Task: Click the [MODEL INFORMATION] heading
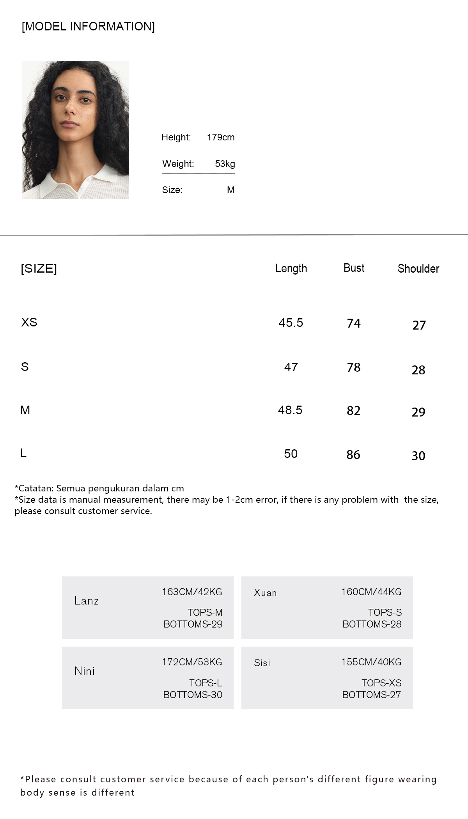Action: pyautogui.click(x=88, y=27)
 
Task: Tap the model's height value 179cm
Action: pyautogui.click(x=221, y=137)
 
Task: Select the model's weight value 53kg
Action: pyautogui.click(x=225, y=164)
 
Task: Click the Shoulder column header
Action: pyautogui.click(x=418, y=269)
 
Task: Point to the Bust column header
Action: pyautogui.click(x=354, y=268)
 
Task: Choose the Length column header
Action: pyautogui.click(x=291, y=268)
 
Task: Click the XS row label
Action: pyautogui.click(x=29, y=322)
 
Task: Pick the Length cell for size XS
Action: pyautogui.click(x=291, y=323)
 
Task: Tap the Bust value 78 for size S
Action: pyautogui.click(x=354, y=367)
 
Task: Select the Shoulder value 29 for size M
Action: pyautogui.click(x=418, y=412)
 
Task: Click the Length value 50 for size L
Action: pyautogui.click(x=291, y=454)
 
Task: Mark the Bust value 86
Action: pyautogui.click(x=353, y=454)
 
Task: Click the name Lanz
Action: pyautogui.click(x=87, y=601)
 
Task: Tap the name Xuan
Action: pyautogui.click(x=265, y=593)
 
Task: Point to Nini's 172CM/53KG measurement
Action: pyautogui.click(x=192, y=662)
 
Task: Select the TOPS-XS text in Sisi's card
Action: pyautogui.click(x=381, y=683)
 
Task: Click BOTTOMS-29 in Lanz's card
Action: pyautogui.click(x=193, y=624)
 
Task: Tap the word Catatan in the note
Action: pyautogui.click(x=35, y=488)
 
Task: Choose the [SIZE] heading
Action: pyautogui.click(x=39, y=268)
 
